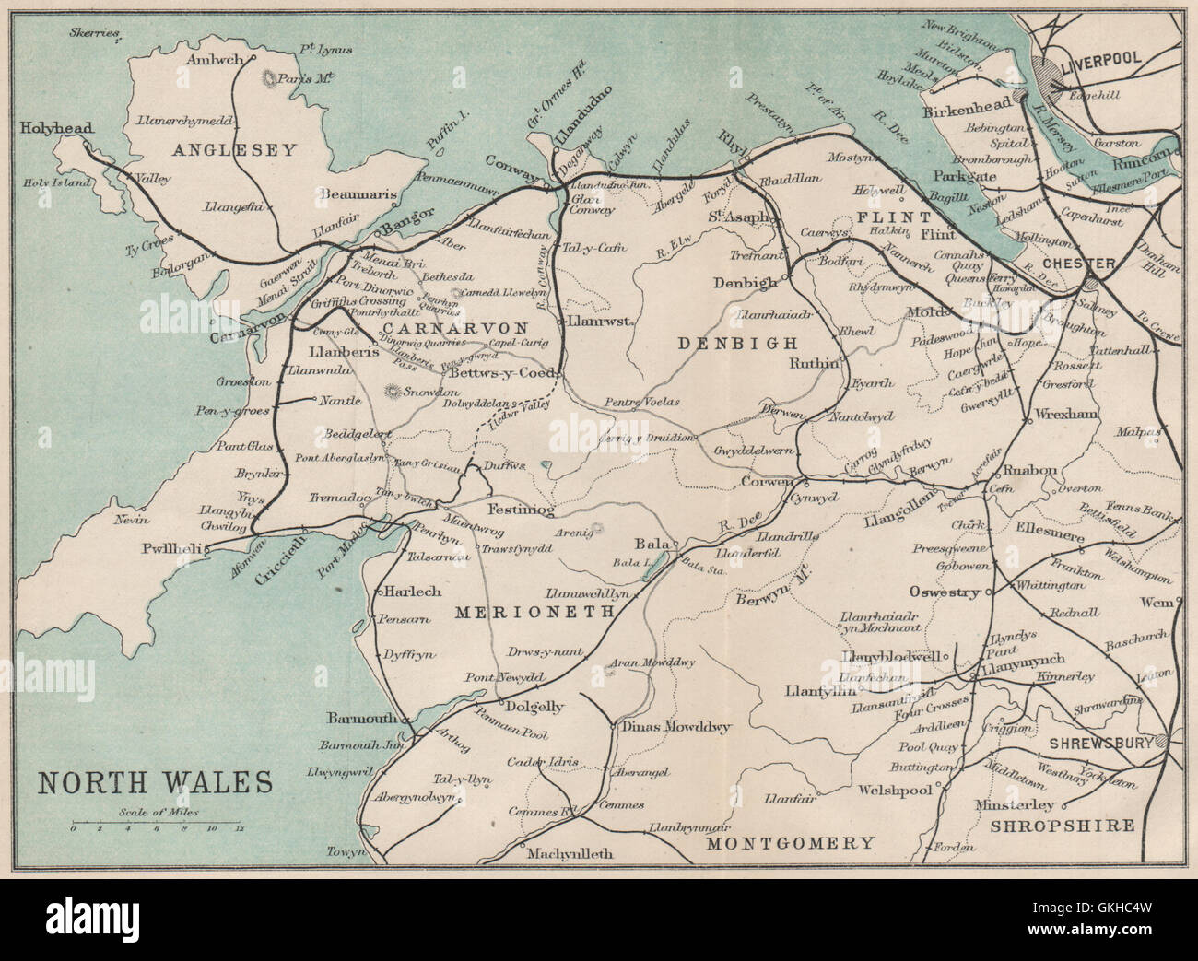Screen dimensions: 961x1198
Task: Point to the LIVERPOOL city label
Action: [1101, 58]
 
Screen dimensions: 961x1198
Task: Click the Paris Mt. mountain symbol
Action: [271, 80]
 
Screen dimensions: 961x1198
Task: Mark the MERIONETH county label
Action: [529, 610]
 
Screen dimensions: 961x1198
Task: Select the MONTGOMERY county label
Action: [789, 842]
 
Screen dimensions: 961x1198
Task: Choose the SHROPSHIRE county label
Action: [1060, 826]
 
